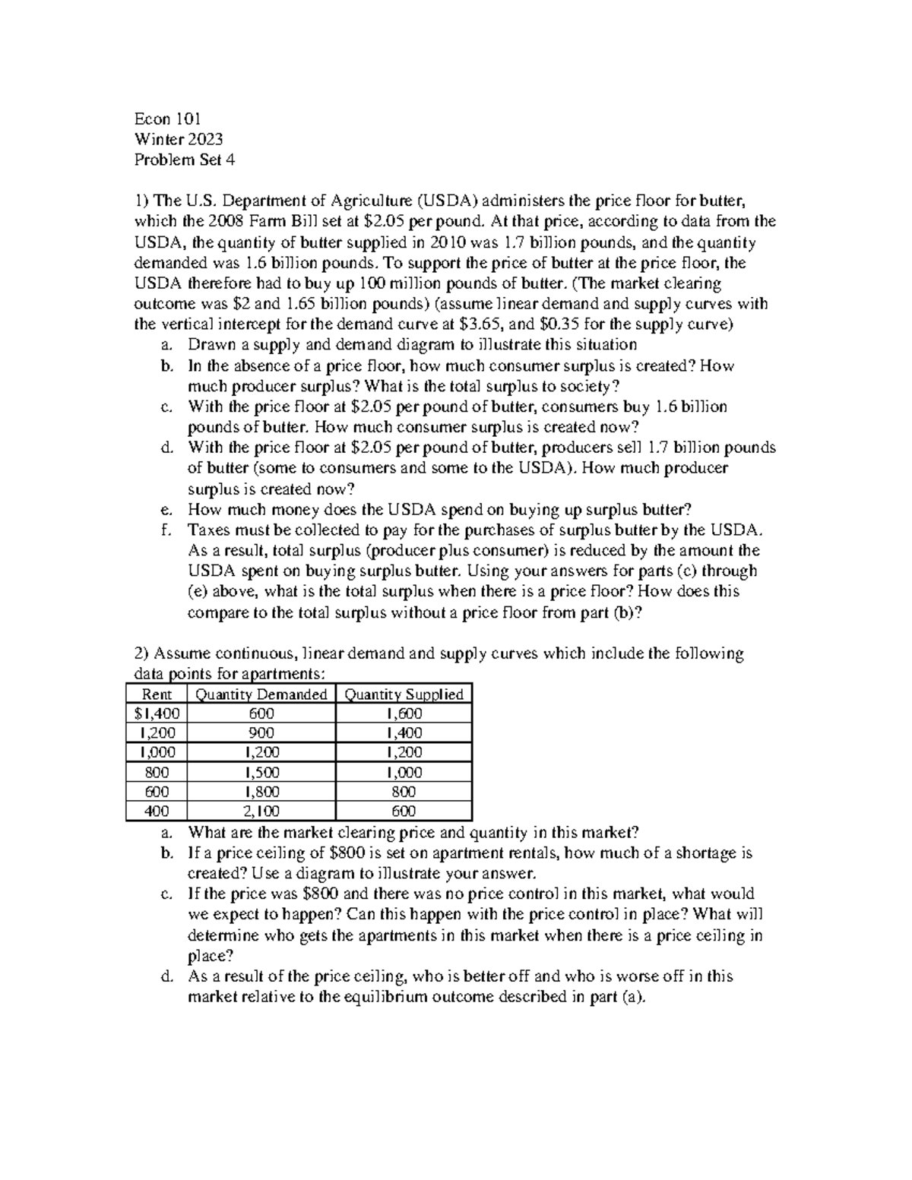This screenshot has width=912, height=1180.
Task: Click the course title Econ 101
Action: click(166, 119)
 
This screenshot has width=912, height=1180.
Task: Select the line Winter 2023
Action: click(179, 139)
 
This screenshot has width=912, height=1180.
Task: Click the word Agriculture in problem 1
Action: click(366, 201)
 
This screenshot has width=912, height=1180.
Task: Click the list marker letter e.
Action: click(166, 510)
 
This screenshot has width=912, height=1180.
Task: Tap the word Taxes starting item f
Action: click(209, 530)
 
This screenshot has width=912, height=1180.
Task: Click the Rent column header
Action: click(157, 694)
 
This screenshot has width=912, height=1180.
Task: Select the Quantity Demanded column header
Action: click(261, 694)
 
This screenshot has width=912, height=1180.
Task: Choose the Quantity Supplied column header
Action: click(404, 694)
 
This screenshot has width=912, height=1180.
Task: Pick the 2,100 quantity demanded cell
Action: click(261, 811)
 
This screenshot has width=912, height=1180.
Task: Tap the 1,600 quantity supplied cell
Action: click(404, 713)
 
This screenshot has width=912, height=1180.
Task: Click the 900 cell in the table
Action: click(261, 733)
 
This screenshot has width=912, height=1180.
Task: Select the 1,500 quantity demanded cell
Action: click(261, 773)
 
